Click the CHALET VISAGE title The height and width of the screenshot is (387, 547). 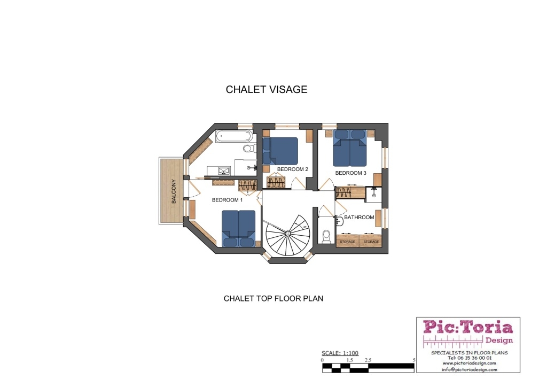coord(267,89)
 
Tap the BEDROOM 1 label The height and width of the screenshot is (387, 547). coord(227,200)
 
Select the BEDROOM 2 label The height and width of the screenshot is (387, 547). coord(292,169)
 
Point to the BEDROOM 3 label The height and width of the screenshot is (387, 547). coord(350,173)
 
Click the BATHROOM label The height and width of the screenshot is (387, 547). coord(359,217)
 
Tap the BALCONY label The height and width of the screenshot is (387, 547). coord(174,191)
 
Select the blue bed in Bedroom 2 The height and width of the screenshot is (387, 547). coord(280,151)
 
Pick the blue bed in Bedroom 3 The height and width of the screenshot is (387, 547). coord(349,148)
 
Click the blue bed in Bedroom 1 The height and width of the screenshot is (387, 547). coord(239,229)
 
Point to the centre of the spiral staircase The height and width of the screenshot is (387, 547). coord(287,234)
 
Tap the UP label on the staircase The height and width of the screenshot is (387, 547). coord(304,227)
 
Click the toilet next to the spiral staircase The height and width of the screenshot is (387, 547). coord(326,236)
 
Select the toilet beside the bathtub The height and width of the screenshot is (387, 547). coord(248,149)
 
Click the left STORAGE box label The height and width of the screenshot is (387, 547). coord(347,242)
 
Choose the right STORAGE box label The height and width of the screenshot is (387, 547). coord(371,242)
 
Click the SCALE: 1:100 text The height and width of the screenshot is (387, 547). coord(340,353)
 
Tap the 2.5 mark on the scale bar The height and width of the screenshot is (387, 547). coord(368,360)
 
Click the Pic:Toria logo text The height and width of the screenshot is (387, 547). coord(468,328)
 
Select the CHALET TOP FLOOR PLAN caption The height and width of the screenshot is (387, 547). coord(273,298)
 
